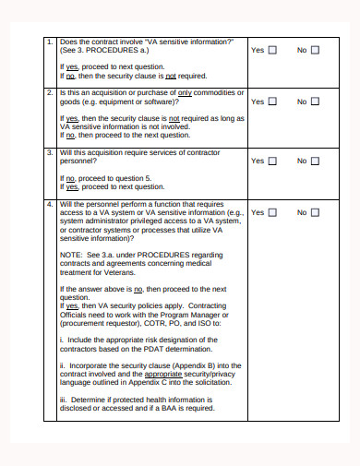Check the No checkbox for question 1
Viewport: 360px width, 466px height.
tap(316, 50)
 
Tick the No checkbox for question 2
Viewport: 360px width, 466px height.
tap(316, 102)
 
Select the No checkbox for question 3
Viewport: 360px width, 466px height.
tap(316, 161)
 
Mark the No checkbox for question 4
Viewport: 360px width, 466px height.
tap(316, 212)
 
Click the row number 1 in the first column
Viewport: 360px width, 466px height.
tap(50, 42)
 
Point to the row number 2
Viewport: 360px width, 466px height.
tap(50, 93)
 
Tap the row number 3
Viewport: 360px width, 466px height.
tap(50, 152)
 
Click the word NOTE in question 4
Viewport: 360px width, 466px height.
tap(70, 254)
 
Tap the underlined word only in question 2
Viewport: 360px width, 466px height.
tap(185, 93)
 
